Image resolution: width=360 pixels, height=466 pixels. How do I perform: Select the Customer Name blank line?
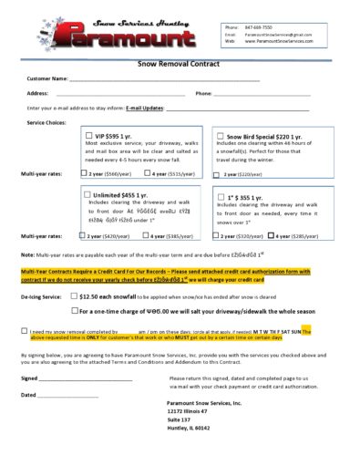(164, 79)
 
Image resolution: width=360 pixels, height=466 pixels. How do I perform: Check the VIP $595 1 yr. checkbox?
(87, 135)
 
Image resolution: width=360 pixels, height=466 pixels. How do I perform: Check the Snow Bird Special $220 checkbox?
(220, 135)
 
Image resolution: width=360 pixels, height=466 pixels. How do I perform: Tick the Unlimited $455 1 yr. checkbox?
(87, 194)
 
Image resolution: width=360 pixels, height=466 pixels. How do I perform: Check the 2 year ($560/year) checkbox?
(85, 172)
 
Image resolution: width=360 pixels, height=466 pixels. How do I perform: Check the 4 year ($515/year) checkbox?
(147, 172)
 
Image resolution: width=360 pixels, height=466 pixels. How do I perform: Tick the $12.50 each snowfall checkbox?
(74, 296)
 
